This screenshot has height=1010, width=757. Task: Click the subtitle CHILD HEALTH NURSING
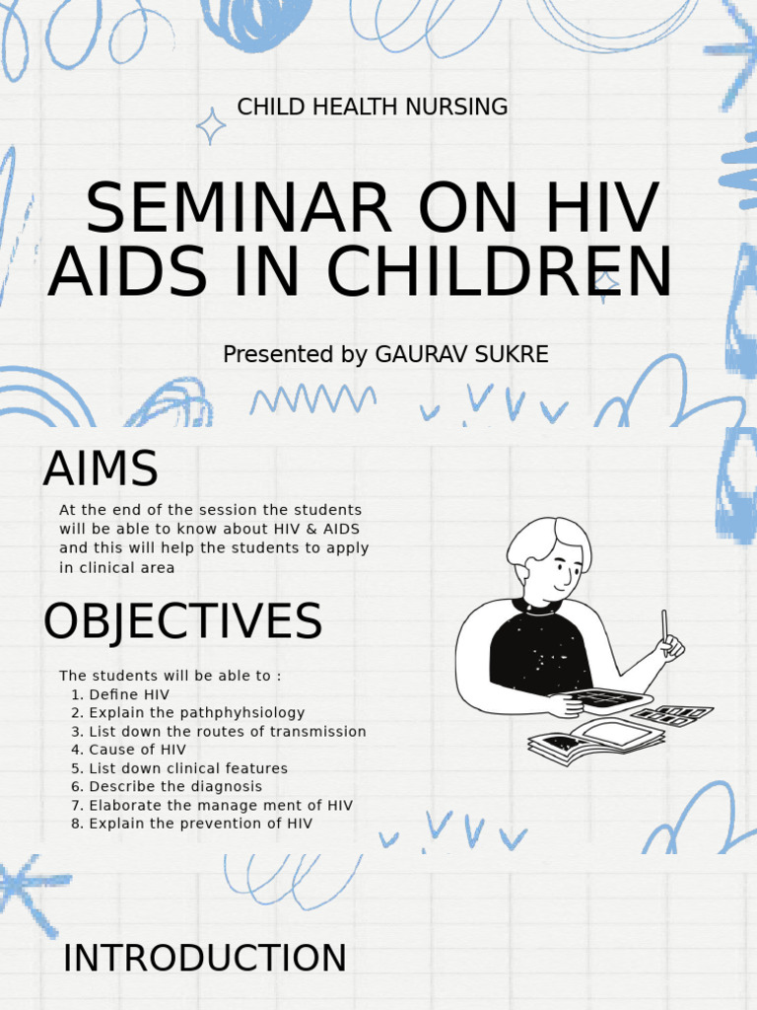[373, 107]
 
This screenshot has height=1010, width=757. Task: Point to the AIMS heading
[100, 469]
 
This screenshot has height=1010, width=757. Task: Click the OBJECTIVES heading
[182, 622]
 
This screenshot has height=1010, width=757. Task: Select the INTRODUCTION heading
[204, 958]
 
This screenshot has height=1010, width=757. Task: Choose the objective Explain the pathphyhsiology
[187, 712]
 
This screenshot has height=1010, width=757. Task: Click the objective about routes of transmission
[218, 732]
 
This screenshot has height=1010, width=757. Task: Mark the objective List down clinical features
[178, 768]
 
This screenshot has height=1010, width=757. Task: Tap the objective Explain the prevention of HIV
[191, 824]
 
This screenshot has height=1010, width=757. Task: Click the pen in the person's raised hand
[665, 628]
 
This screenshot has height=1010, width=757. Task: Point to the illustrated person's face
[558, 567]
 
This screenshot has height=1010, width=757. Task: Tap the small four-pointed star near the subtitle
[210, 126]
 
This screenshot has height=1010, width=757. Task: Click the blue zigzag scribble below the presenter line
[312, 398]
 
